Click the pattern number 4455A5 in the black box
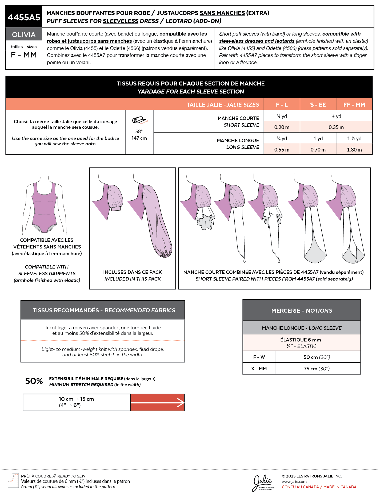24,17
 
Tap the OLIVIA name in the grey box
24,35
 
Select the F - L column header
282,105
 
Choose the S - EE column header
318,105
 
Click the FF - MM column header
354,105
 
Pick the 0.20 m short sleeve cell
282,127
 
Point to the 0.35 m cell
336,127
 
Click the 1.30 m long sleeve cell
354,150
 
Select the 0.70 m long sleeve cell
318,150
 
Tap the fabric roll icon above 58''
139,121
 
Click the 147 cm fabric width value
139,138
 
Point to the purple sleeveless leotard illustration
45,206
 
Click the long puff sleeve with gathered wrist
157,222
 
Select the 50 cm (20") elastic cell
317,357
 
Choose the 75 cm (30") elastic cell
317,369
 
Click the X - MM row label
259,369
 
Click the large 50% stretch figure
34,381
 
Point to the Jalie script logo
263,482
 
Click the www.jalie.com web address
294,481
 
